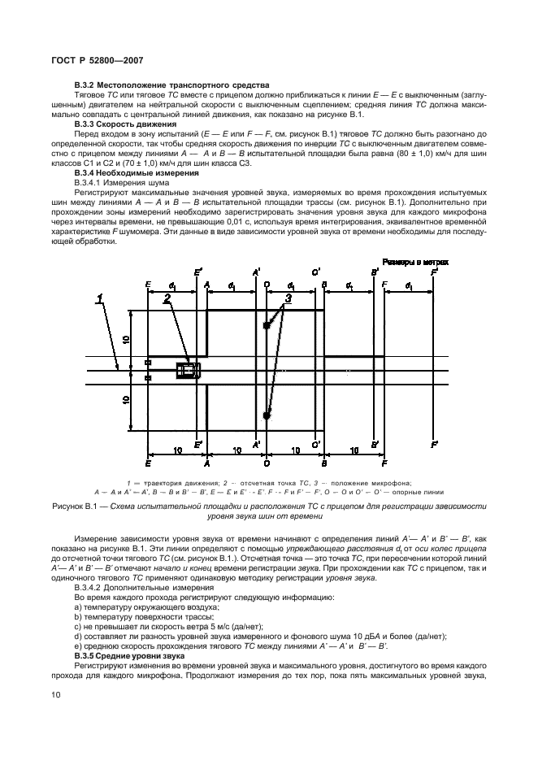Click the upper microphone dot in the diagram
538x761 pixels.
point(266,326)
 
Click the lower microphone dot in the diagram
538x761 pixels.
point(266,415)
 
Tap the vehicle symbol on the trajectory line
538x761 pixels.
point(189,371)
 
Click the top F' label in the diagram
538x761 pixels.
point(436,272)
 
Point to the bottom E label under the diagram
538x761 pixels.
point(148,463)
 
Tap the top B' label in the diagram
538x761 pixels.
point(375,272)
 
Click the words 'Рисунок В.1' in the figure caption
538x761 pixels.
point(84,506)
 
